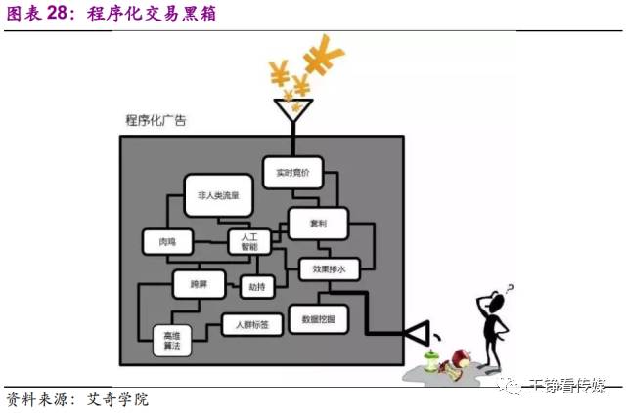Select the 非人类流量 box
[218, 194]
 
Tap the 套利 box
[319, 224]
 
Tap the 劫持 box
[257, 286]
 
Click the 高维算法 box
[171, 341]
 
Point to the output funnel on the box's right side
[418, 334]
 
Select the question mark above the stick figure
[508, 289]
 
